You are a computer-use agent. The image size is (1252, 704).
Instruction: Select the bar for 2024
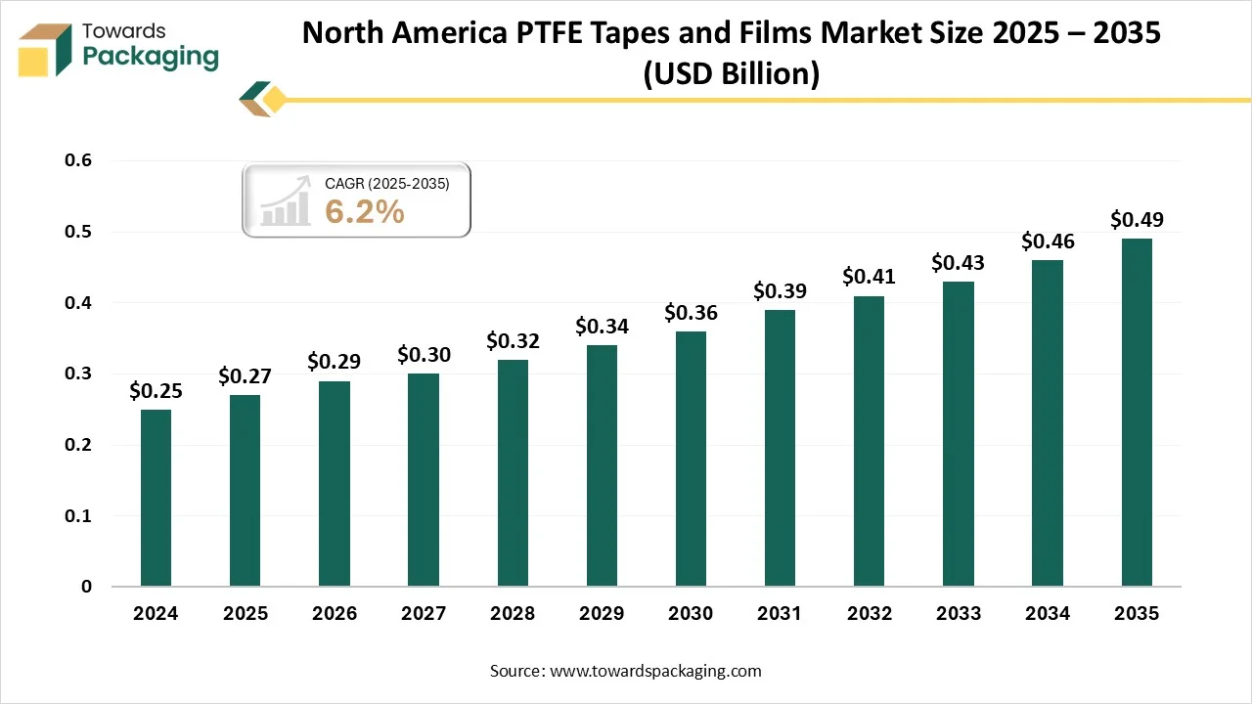click(156, 498)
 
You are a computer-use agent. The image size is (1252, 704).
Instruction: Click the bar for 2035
click(1137, 412)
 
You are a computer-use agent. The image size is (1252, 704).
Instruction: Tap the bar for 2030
click(691, 459)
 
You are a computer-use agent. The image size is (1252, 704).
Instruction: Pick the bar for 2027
click(424, 480)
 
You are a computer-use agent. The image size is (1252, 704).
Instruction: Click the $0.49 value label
click(1137, 220)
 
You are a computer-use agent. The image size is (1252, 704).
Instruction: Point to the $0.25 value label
click(156, 391)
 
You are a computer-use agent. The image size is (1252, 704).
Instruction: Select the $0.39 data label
click(780, 290)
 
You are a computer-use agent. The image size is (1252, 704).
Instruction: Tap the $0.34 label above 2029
click(602, 326)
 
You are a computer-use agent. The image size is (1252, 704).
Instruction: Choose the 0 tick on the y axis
click(86, 587)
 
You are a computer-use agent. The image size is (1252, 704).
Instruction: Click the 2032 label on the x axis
click(869, 614)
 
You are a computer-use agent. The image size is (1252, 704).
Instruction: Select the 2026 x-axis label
click(334, 614)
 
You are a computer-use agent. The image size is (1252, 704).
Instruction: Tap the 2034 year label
click(1047, 614)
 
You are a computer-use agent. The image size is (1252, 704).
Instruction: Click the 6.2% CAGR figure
click(364, 210)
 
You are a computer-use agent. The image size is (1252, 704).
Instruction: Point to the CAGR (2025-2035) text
click(386, 183)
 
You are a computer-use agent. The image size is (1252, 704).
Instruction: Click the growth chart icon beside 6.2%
click(286, 206)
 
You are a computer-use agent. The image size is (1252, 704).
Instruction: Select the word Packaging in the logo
click(151, 57)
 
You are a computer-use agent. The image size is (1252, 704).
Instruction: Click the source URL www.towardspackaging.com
click(655, 671)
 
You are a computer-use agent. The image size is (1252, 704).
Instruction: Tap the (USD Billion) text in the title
click(731, 74)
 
